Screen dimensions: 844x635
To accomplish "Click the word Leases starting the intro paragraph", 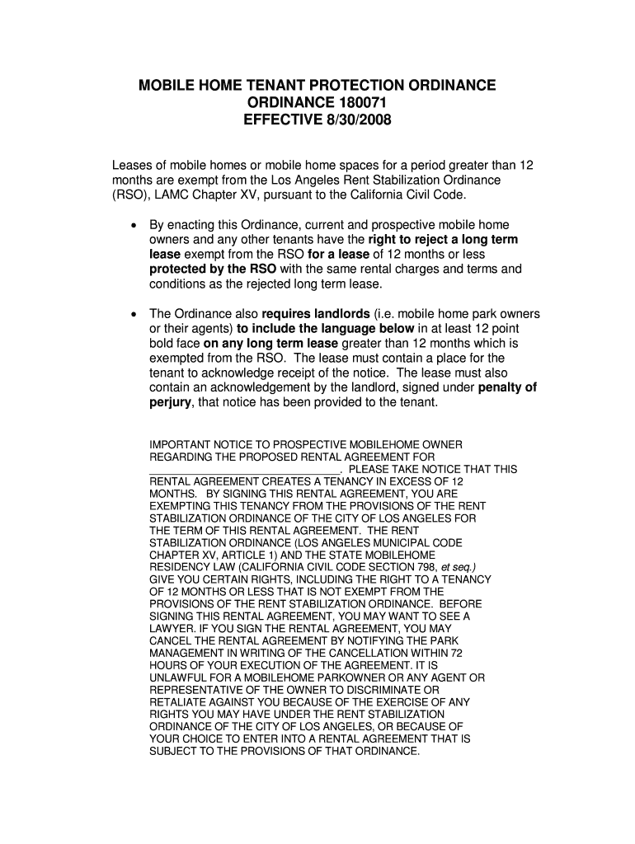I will click(133, 165).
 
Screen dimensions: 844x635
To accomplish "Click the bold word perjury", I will click(170, 403).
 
